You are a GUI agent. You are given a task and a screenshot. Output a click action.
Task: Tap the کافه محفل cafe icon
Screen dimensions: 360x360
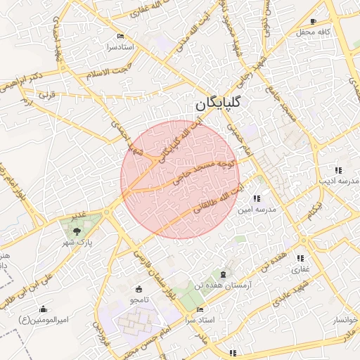(x=313, y=22)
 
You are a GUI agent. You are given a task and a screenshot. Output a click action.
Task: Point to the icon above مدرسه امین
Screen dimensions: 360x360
(x=256, y=199)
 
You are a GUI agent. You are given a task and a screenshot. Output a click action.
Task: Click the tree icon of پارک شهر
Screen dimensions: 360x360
(x=77, y=229)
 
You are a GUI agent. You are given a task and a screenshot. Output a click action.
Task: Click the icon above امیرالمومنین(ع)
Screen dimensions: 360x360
(x=44, y=309)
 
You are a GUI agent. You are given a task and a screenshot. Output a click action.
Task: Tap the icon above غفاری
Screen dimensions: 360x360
(x=300, y=259)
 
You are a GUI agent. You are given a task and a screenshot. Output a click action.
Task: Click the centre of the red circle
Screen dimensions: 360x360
(x=180, y=179)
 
